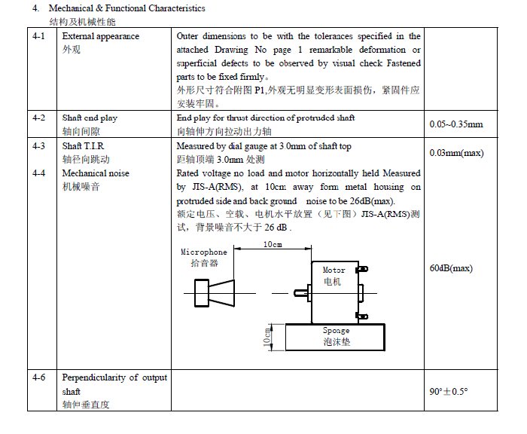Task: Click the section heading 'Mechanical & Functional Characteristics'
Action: tap(126, 8)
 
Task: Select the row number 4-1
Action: tap(39, 36)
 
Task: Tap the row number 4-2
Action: tap(39, 118)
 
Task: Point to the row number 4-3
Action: tap(39, 146)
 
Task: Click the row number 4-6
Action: tap(39, 377)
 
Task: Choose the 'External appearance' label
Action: tap(100, 36)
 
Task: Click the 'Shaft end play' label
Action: tap(90, 118)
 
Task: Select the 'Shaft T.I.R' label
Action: tap(84, 146)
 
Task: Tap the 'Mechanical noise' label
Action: tap(96, 173)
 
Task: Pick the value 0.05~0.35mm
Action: tap(455, 124)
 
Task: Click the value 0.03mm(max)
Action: tap(455, 153)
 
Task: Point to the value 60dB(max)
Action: tap(450, 268)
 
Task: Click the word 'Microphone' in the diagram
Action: tap(203, 252)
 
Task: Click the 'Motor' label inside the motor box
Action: tap(334, 270)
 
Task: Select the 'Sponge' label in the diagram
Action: tap(336, 330)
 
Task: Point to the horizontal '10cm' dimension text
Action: tap(273, 245)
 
